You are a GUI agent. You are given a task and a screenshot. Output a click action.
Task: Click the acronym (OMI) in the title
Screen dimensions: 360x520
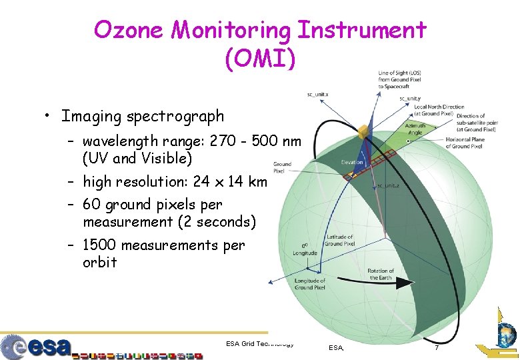coord(259,59)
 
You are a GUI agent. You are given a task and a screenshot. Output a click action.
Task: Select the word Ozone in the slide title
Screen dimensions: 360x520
coord(129,29)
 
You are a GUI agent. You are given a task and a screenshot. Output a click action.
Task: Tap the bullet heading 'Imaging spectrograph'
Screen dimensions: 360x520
coord(143,116)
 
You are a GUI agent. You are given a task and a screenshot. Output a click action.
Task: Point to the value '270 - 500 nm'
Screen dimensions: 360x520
coord(256,141)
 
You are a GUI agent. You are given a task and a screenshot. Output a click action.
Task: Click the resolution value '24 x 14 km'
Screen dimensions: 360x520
coord(229,181)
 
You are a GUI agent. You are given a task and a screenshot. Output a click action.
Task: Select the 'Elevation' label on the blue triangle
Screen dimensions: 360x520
coord(352,162)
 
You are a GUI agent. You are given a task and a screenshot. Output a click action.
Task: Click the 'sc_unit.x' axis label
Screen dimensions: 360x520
coord(317,94)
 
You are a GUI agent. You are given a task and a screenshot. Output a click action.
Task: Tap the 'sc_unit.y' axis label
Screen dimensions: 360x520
coord(409,99)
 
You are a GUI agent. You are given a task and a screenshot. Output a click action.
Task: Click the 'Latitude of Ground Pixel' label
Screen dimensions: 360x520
coord(339,240)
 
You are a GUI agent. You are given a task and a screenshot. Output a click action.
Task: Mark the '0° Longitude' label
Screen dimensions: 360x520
coord(305,248)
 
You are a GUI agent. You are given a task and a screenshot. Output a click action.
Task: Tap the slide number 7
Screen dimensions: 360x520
coord(437,348)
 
